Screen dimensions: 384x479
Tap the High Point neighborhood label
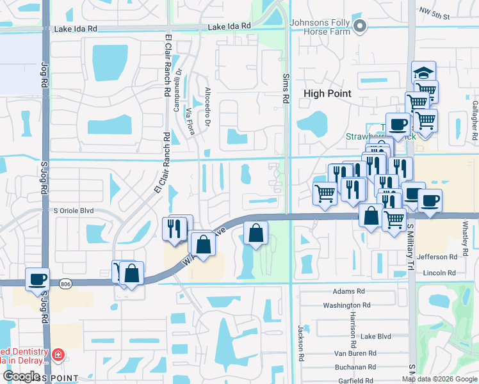click(327, 93)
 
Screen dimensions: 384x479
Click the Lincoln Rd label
click(439, 273)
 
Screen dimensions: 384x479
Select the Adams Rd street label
click(348, 291)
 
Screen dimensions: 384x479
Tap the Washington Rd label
click(346, 306)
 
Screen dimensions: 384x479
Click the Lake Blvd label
click(376, 336)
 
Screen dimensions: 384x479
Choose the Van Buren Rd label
click(355, 353)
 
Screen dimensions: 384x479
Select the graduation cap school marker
click(423, 71)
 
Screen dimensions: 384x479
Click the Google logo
click(21, 376)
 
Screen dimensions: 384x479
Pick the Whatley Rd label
click(466, 237)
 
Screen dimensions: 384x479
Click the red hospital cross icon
click(58, 354)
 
